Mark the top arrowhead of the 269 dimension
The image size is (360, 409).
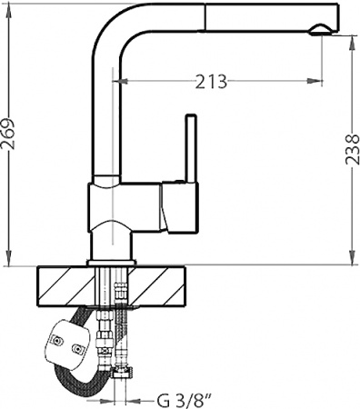coord(10,7)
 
